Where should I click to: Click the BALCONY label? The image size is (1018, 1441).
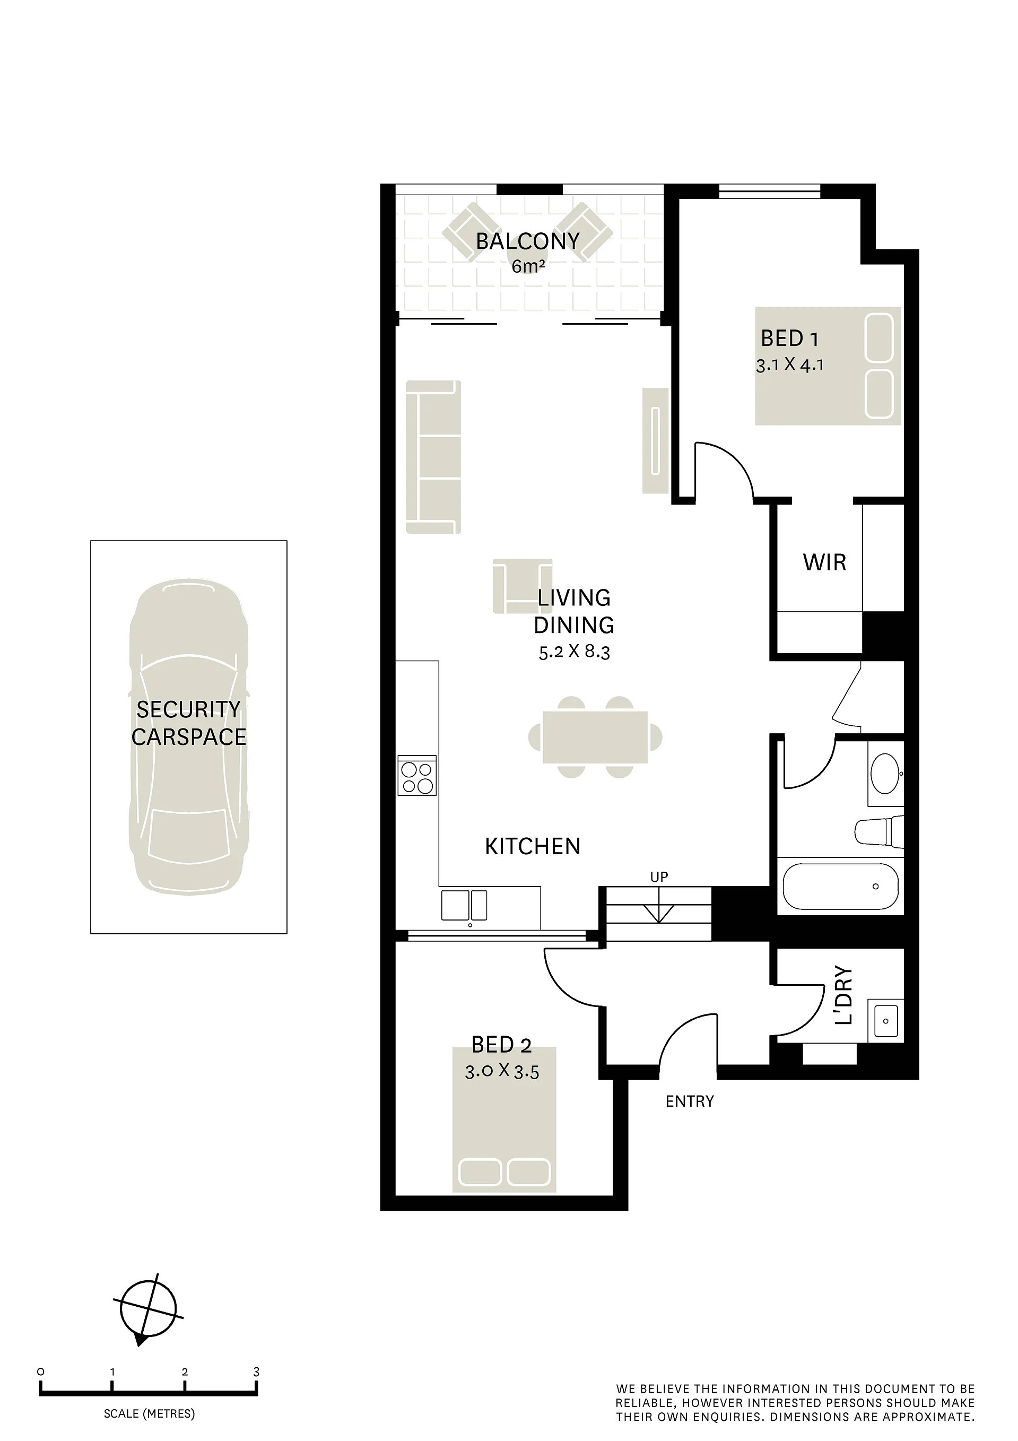click(x=527, y=241)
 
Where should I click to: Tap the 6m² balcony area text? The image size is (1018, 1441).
click(x=528, y=266)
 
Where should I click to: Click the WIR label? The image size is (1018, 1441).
click(x=824, y=562)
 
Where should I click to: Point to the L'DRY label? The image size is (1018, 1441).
click(x=844, y=995)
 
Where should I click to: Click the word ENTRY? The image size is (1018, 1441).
click(x=690, y=1101)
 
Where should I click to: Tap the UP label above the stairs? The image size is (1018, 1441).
click(x=659, y=877)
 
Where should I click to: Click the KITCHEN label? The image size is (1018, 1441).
click(x=532, y=847)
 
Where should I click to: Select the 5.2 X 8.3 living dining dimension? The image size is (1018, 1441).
click(x=575, y=652)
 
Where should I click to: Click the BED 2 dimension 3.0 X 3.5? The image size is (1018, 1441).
click(x=502, y=1071)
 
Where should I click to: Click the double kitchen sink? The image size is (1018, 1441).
click(x=464, y=905)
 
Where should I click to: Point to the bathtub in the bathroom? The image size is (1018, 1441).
click(x=841, y=886)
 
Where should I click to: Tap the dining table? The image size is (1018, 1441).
click(x=595, y=737)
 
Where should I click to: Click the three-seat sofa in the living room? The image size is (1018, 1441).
click(x=433, y=457)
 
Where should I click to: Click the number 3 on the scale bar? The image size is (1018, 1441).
click(x=256, y=1372)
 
